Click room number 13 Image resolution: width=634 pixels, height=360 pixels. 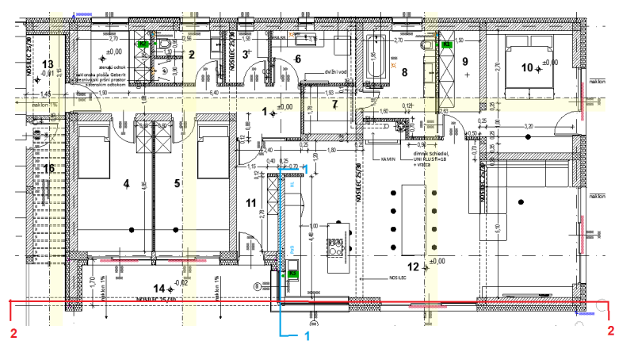48,63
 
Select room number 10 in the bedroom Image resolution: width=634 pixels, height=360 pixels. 527,67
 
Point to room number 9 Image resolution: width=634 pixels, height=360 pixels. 465,61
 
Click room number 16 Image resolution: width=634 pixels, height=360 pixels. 48,168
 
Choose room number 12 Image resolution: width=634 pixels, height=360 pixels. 413,266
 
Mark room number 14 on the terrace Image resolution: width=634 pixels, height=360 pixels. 158,288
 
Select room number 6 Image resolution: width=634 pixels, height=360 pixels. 298,59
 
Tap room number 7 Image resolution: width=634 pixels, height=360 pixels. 334,105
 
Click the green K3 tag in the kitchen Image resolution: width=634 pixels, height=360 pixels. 292,273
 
